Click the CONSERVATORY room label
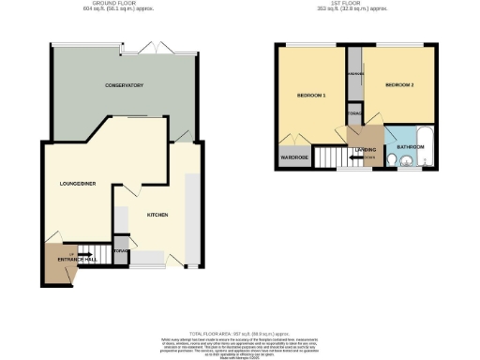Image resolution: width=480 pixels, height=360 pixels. [x=124, y=85]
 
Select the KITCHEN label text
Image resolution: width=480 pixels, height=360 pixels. [x=157, y=215]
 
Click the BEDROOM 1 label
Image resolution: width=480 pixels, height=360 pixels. [x=311, y=95]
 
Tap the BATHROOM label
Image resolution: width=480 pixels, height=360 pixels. [x=409, y=147]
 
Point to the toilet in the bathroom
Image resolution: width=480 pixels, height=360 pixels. [x=404, y=162]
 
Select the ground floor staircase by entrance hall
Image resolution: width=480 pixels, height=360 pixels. [x=87, y=251]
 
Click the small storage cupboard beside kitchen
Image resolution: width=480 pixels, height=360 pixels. [x=120, y=251]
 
